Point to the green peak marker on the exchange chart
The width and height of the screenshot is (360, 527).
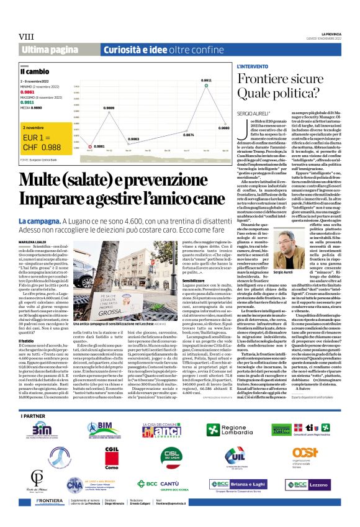(206, 88)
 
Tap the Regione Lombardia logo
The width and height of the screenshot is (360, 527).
(240, 430)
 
